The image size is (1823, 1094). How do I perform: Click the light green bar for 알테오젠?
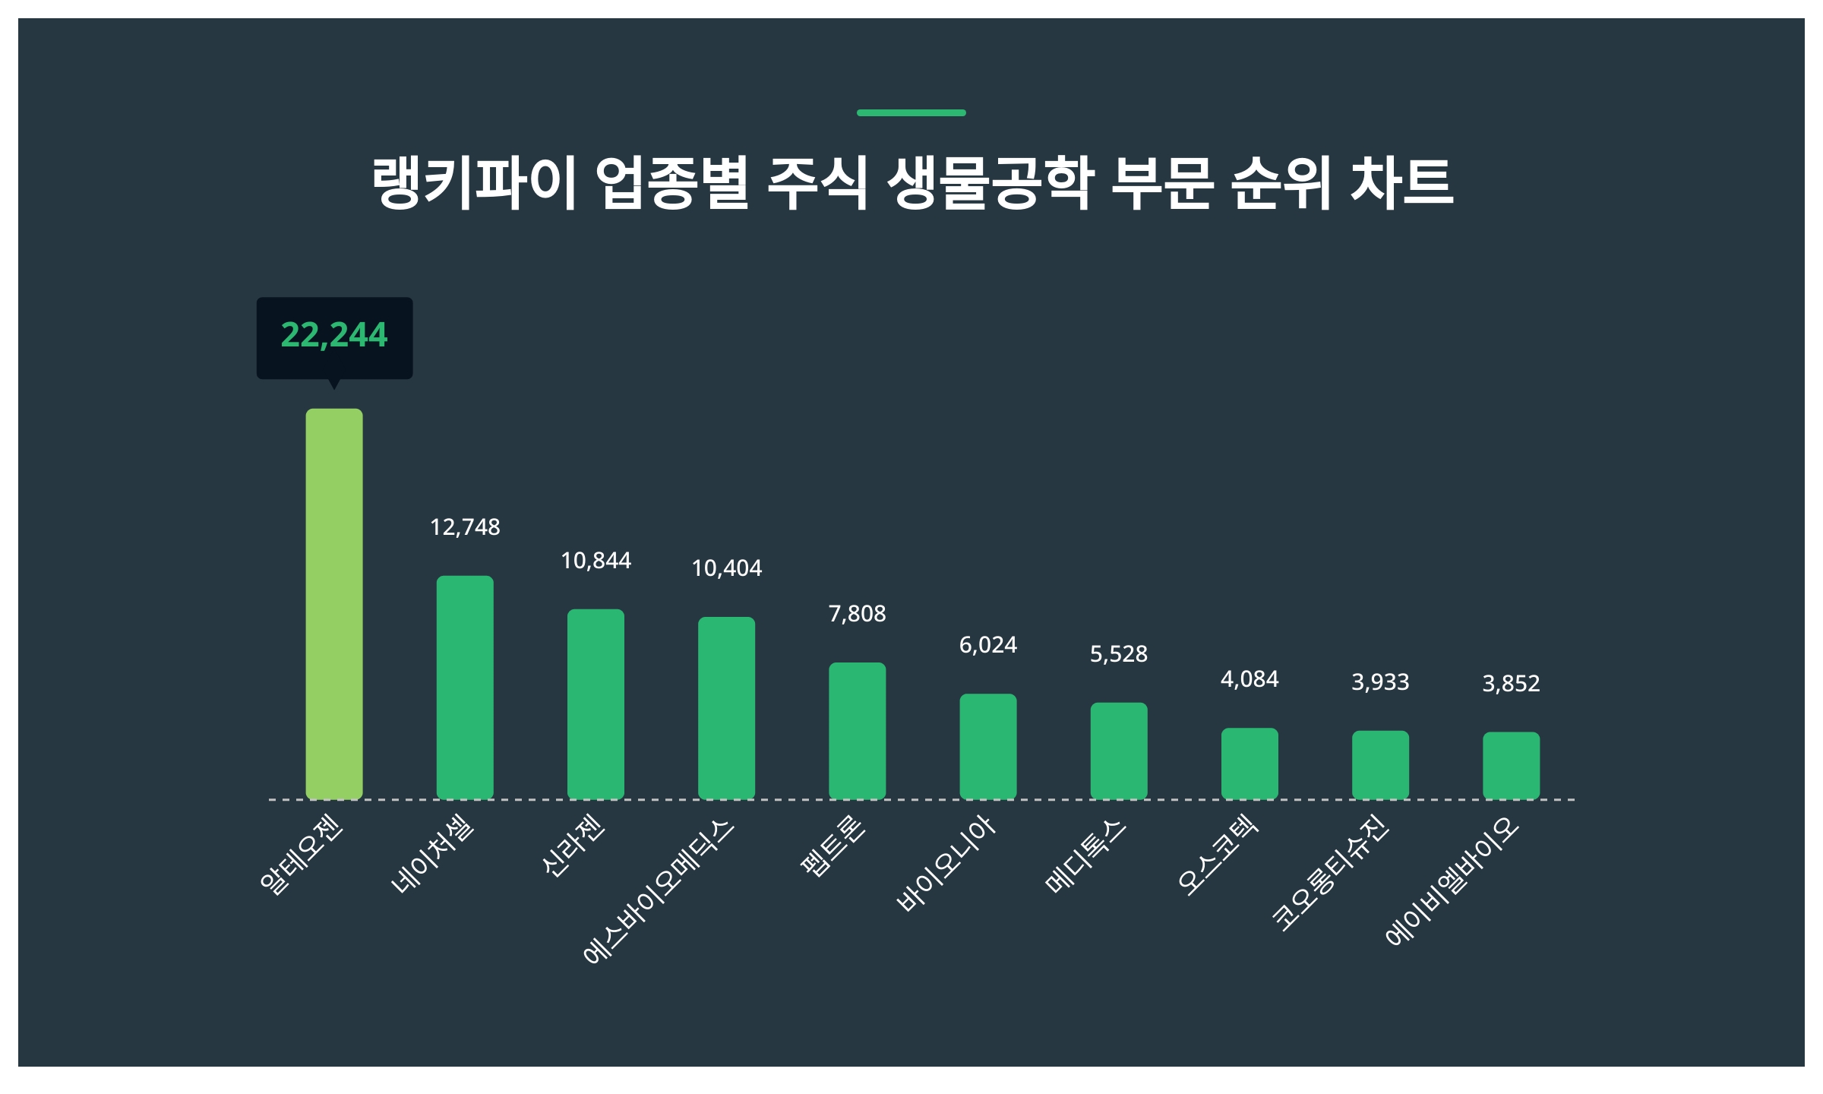coord(334,604)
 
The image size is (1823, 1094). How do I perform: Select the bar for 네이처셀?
coord(465,688)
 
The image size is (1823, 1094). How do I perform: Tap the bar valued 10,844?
coord(596,704)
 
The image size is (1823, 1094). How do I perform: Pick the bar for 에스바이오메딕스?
coord(726,708)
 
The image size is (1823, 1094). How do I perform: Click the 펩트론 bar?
coord(857,731)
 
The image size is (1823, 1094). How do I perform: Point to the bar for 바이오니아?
coord(987,746)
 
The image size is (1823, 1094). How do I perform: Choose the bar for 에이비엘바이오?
coord(1511,765)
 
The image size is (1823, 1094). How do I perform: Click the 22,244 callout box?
coord(334,337)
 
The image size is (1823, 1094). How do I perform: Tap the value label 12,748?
coord(465,527)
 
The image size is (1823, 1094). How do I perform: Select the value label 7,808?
coord(857,614)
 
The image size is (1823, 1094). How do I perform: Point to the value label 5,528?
coord(1118,654)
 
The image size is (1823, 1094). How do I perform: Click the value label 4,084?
coord(1250,679)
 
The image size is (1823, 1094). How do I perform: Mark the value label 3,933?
coord(1380,682)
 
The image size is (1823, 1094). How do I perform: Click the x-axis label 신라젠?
coord(573,845)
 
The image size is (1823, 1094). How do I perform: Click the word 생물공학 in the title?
coord(990,183)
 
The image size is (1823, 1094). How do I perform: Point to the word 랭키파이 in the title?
coord(472,183)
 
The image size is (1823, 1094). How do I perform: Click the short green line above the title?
coord(912,112)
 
